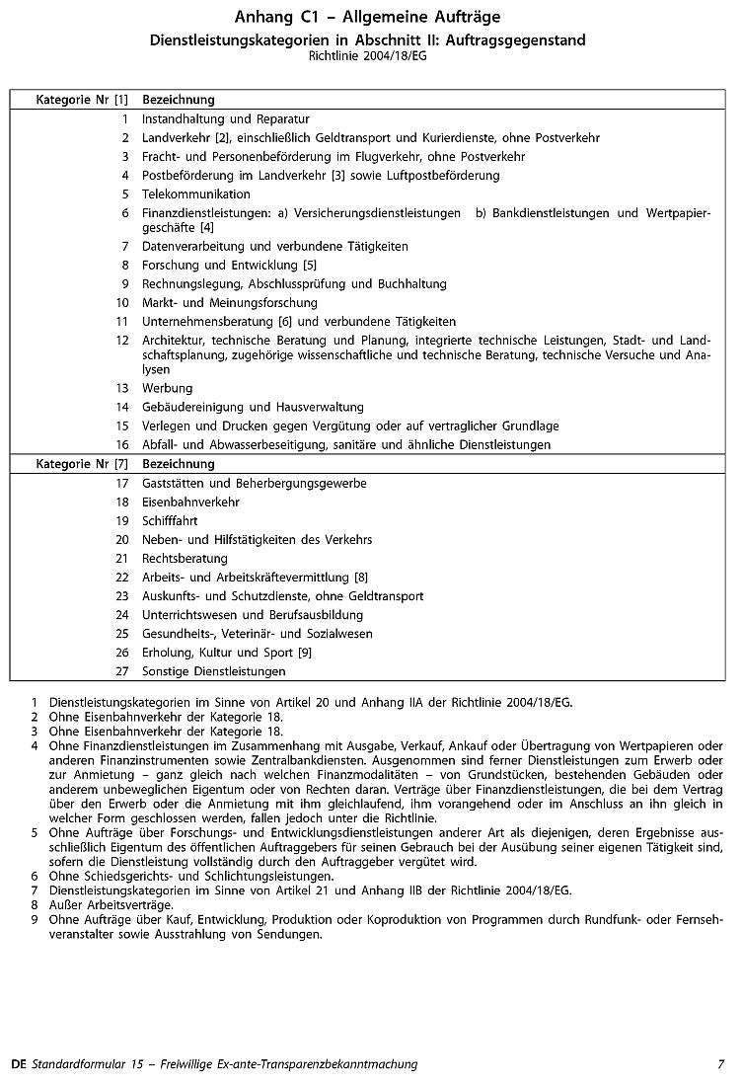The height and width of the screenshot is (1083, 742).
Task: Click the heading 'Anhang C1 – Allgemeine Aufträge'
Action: click(368, 18)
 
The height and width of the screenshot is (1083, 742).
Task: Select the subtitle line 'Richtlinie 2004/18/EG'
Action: click(368, 56)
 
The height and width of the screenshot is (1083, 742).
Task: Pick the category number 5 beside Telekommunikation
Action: click(125, 194)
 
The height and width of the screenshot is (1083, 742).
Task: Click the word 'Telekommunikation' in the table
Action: click(196, 194)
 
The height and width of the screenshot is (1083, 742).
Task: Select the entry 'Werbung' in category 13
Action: click(168, 388)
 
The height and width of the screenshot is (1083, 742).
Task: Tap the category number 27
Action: click(122, 671)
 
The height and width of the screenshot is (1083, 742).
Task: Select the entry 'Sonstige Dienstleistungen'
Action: click(214, 671)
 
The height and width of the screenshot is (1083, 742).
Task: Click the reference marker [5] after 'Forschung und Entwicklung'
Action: click(310, 265)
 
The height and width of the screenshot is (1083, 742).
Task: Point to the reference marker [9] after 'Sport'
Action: click(305, 653)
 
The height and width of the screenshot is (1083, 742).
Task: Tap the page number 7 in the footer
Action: click(720, 1064)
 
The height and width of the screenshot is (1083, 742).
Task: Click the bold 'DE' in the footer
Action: click(18, 1064)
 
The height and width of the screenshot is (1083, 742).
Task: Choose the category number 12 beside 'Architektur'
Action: click(122, 341)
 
